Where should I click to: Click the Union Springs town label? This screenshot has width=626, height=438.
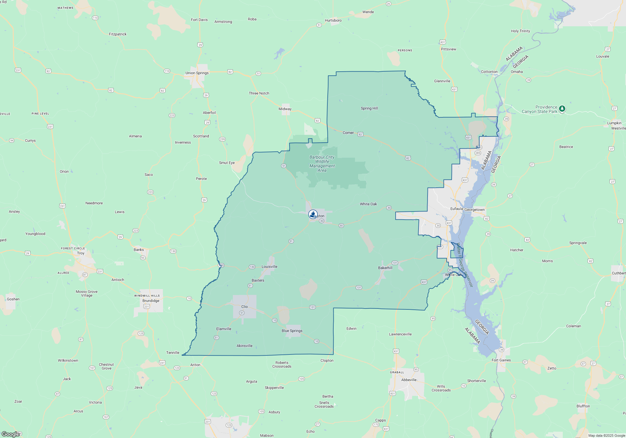click(x=197, y=73)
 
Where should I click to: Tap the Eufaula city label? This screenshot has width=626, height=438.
click(x=456, y=209)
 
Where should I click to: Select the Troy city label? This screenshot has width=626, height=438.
click(x=81, y=253)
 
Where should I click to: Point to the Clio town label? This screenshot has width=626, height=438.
click(x=244, y=307)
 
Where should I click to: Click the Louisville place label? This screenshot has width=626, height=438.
click(x=269, y=267)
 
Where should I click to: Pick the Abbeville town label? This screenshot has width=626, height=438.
click(x=409, y=380)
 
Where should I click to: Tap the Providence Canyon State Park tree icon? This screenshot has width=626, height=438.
click(x=562, y=109)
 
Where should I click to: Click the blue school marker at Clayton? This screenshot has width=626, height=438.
click(x=313, y=214)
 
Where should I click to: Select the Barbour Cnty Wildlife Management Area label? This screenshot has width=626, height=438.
click(x=322, y=164)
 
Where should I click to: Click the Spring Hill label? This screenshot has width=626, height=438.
click(x=369, y=108)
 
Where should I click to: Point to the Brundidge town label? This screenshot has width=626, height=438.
click(x=151, y=301)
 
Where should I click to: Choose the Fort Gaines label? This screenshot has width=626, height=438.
click(x=501, y=360)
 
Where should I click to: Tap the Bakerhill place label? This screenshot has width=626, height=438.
click(x=385, y=268)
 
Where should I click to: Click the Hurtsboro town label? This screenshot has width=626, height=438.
click(x=333, y=20)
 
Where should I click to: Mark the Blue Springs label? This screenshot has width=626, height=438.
click(x=292, y=331)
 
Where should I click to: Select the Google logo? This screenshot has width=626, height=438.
click(x=11, y=434)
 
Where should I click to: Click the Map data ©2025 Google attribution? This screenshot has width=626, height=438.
click(x=607, y=435)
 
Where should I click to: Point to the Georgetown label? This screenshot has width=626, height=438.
click(x=475, y=210)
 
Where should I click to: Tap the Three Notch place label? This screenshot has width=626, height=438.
click(x=259, y=93)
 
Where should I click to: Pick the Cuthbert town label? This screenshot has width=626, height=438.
click(x=618, y=273)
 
